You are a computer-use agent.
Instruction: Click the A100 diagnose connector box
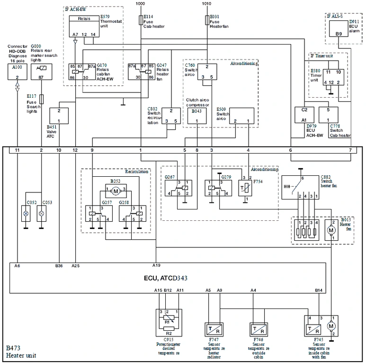point(17,72)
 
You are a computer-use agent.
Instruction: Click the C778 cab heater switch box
point(334,116)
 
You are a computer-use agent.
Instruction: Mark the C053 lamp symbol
point(41,213)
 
